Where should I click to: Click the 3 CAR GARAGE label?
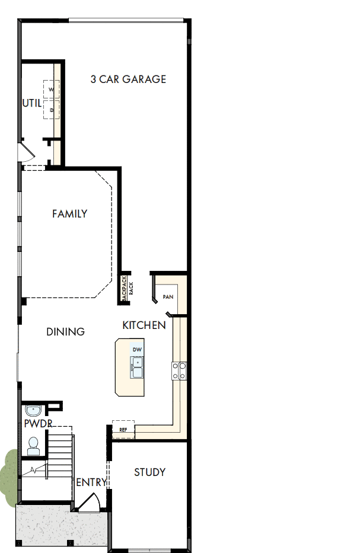click(128, 79)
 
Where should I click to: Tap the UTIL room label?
click(32, 103)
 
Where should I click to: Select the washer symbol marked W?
click(51, 89)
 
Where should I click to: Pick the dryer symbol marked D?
click(52, 110)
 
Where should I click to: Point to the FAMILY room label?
click(70, 213)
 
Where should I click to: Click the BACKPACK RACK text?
click(128, 289)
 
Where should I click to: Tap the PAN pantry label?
click(168, 296)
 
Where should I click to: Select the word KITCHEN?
click(144, 325)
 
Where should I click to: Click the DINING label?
click(65, 331)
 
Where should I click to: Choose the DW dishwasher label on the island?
click(137, 349)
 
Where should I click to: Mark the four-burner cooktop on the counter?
click(179, 370)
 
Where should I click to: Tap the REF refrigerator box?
click(123, 429)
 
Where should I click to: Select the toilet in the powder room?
click(33, 445)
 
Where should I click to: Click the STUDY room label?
click(149, 472)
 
